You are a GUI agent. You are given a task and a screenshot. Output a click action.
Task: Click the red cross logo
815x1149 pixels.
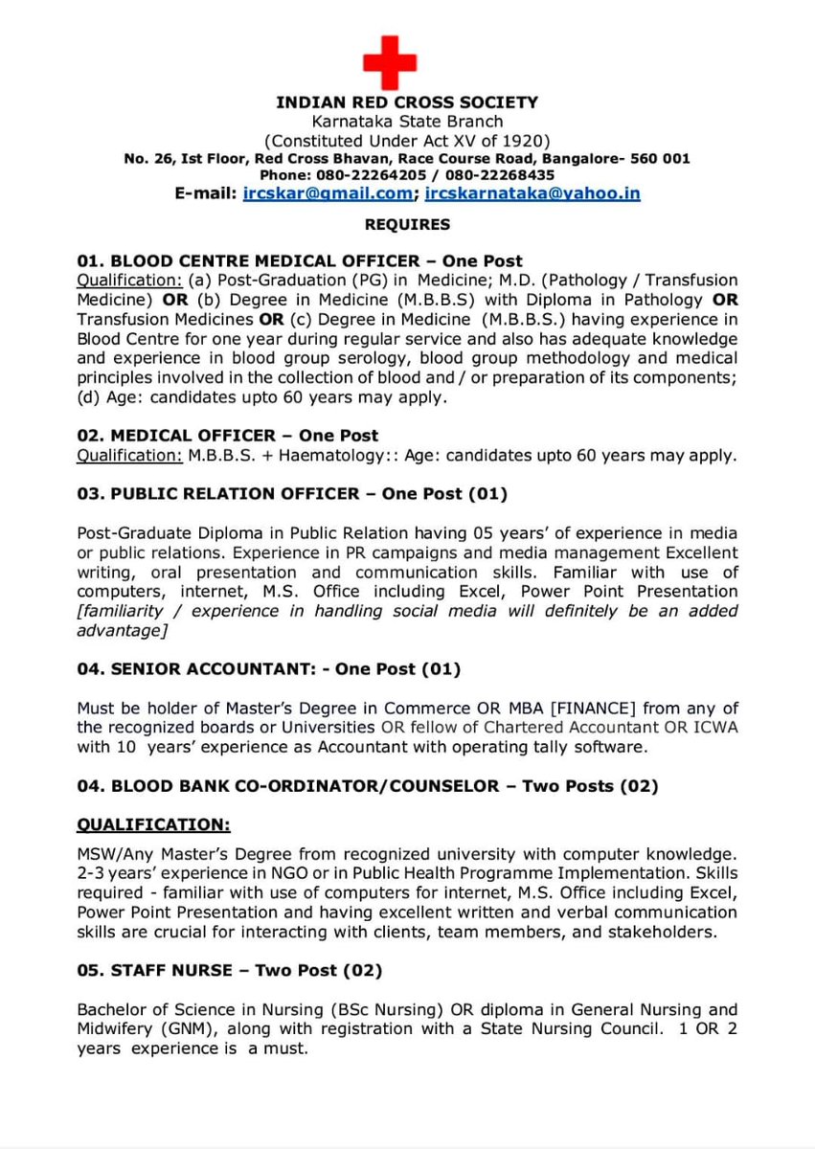point(390,63)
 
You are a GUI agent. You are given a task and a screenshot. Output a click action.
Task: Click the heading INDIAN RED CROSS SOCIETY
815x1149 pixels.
point(407,102)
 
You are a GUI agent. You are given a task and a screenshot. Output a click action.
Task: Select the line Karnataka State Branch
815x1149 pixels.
point(407,122)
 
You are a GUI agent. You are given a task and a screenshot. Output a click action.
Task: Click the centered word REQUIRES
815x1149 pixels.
point(407,225)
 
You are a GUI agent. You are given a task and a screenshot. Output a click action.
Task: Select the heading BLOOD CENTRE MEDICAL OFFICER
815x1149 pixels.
point(265,260)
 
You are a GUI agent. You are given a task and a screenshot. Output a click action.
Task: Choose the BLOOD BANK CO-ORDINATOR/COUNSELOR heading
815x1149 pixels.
point(305,786)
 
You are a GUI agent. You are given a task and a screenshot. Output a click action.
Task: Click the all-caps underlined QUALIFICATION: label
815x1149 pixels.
point(153,824)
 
